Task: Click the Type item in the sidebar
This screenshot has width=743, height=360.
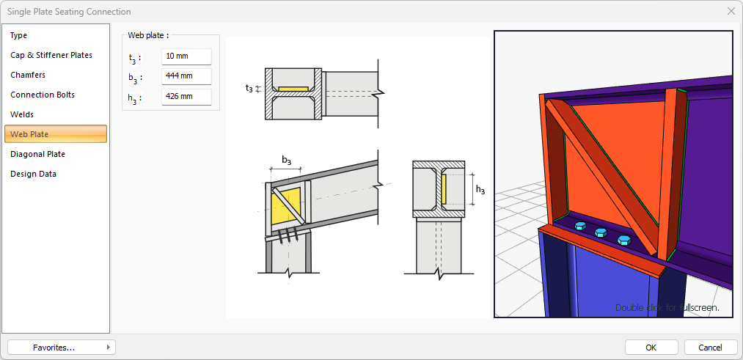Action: (x=19, y=35)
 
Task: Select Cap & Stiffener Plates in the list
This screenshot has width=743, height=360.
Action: (x=51, y=55)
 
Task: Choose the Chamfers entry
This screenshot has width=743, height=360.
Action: (x=28, y=75)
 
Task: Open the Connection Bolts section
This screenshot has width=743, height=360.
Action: (x=43, y=95)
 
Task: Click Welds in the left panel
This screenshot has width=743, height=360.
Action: (x=22, y=114)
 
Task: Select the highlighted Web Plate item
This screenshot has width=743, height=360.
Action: (x=56, y=134)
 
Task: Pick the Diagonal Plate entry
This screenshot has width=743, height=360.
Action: (x=37, y=154)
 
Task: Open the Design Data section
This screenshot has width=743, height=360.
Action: (x=33, y=174)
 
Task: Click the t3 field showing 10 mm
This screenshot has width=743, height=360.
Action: (x=186, y=56)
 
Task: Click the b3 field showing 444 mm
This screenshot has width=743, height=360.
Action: (x=186, y=76)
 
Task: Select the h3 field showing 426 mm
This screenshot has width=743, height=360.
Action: (x=186, y=97)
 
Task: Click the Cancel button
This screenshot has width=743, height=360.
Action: (x=710, y=347)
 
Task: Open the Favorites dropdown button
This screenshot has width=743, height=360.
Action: (x=62, y=347)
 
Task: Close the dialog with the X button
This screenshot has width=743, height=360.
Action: (x=731, y=11)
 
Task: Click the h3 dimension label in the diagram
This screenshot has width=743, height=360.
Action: (x=480, y=189)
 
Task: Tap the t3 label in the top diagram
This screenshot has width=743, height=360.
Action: (x=249, y=89)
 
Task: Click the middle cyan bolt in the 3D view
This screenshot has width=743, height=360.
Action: (x=601, y=232)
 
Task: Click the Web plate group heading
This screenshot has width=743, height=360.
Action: (x=148, y=34)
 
